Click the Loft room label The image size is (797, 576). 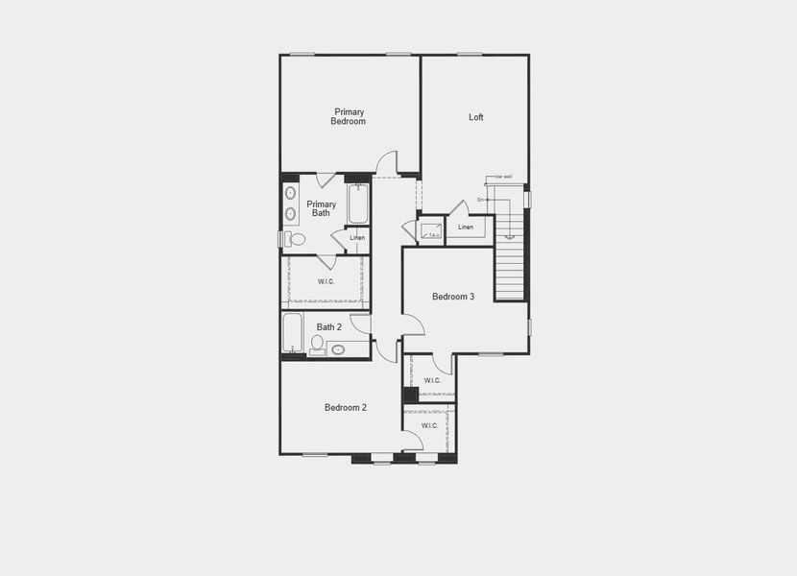click(x=476, y=117)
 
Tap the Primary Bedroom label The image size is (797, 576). click(x=349, y=117)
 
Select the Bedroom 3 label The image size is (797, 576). click(x=453, y=297)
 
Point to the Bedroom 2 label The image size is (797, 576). click(x=346, y=408)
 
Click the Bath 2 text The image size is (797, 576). click(x=329, y=327)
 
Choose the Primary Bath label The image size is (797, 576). click(x=322, y=209)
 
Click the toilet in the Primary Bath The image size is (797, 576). click(x=295, y=239)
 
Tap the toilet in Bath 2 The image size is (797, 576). click(x=317, y=344)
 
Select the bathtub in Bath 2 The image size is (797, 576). click(x=293, y=334)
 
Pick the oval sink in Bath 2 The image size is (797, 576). click(x=338, y=350)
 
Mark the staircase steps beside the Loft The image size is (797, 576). click(x=510, y=270)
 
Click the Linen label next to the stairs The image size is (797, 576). click(x=466, y=228)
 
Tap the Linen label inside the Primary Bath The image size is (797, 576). click(x=357, y=238)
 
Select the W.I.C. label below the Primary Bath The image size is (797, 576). click(x=326, y=281)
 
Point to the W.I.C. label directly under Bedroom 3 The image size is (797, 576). click(x=432, y=380)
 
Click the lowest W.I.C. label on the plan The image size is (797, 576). click(x=429, y=425)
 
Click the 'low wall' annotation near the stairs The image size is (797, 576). click(x=503, y=177)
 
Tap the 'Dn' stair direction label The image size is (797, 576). click(x=480, y=200)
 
